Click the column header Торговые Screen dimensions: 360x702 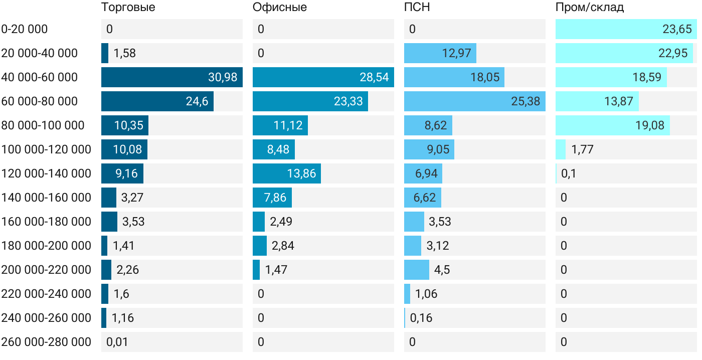coord(128,8)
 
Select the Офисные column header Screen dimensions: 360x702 coord(279,8)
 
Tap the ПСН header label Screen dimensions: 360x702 coord(417,8)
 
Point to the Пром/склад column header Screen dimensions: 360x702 coord(589,8)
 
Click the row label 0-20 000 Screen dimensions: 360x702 coord(25,29)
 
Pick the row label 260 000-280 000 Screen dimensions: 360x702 coord(46,342)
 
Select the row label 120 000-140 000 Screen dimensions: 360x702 coord(46,173)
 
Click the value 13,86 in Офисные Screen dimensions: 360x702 coord(301,173)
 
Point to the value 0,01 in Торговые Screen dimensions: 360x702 coord(117,342)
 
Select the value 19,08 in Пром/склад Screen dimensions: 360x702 coord(649,125)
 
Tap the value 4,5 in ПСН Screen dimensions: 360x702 coord(442,270)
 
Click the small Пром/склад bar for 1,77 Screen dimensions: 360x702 coord(561,149)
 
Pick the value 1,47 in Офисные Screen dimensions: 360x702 coord(276,270)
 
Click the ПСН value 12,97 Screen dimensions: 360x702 coord(456,53)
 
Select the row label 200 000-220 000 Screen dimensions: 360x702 coord(46,270)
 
